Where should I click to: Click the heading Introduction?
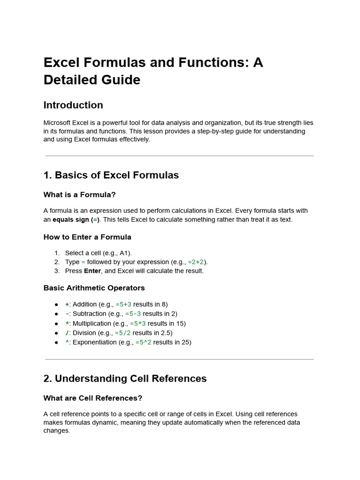(x=73, y=105)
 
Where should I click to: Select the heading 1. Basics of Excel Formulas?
(x=111, y=175)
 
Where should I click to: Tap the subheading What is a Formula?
(x=79, y=195)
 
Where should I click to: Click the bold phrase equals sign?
(x=71, y=219)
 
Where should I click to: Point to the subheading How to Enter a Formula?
(x=87, y=237)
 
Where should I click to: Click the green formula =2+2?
(x=196, y=262)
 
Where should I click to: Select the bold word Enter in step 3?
(x=92, y=271)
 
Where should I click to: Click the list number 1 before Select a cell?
(x=57, y=253)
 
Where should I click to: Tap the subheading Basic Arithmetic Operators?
(x=94, y=288)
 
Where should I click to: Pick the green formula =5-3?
(x=133, y=314)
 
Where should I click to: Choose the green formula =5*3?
(x=138, y=323)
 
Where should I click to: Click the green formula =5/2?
(x=123, y=333)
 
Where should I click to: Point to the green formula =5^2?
(x=143, y=342)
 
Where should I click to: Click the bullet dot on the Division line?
(x=57, y=333)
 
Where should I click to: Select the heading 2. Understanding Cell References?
(x=125, y=378)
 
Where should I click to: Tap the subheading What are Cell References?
(x=93, y=398)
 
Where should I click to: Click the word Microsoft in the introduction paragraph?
(x=58, y=123)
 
